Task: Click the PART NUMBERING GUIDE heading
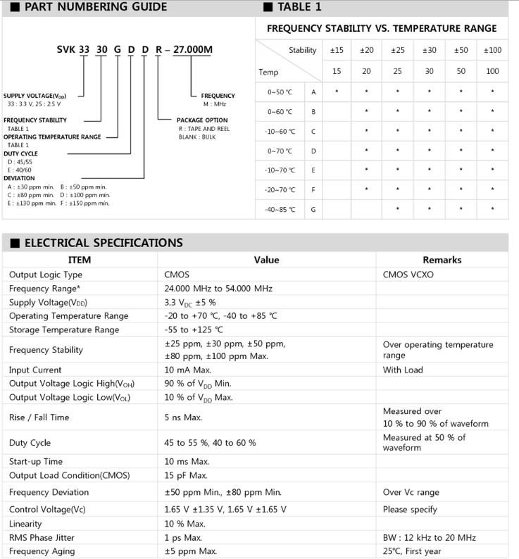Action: pos(95,7)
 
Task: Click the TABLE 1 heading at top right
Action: pos(299,7)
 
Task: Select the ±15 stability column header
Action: pos(337,50)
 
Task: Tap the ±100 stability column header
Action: pos(492,50)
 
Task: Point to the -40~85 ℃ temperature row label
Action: pos(281,209)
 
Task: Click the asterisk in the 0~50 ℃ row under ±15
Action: pos(337,92)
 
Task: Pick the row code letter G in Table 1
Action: pos(313,209)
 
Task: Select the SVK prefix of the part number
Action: pos(68,49)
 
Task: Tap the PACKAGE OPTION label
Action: pos(202,120)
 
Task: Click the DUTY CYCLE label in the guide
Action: pos(21,153)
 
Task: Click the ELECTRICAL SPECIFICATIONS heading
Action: pos(103,243)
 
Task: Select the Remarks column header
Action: pos(442,260)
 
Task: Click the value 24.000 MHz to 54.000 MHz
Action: pos(218,289)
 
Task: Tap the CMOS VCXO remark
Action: pos(408,275)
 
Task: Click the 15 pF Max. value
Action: pos(187,475)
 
